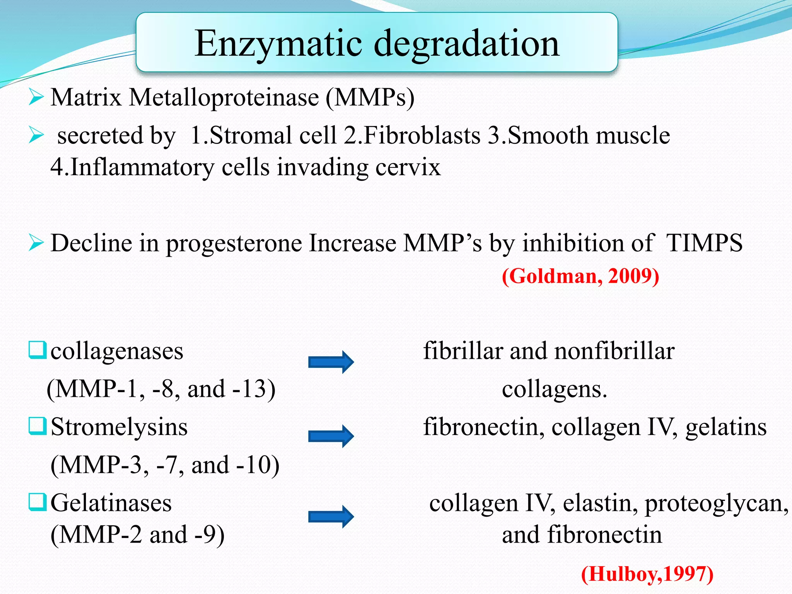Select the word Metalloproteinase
[224, 97]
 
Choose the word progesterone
[234, 243]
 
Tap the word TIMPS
[704, 243]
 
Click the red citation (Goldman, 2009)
[580, 276]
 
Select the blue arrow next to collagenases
[331, 362]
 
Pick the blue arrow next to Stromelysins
[331, 436]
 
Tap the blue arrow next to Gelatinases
[331, 516]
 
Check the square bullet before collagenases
[38, 350]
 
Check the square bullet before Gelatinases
[38, 502]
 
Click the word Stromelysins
[119, 427]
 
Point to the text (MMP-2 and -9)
[138, 535]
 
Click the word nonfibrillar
[614, 351]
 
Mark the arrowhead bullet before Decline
[36, 243]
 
